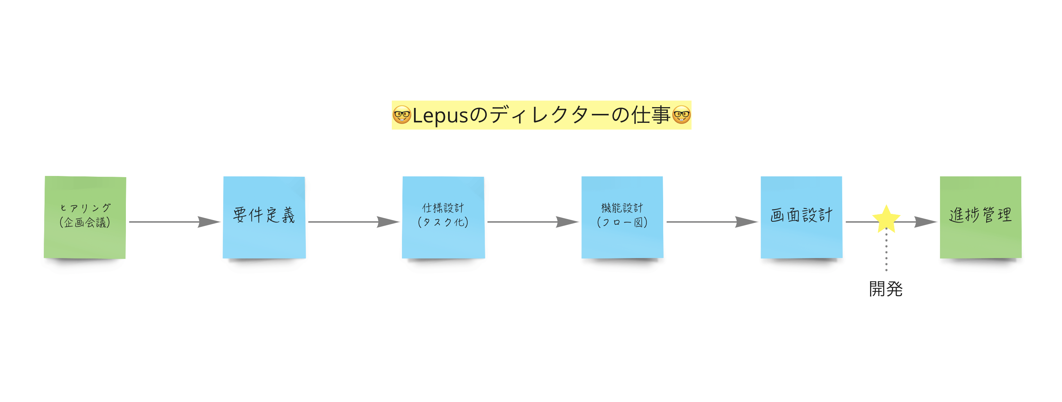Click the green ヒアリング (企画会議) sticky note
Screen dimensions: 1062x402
click(x=85, y=217)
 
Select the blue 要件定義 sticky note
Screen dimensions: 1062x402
click(x=264, y=217)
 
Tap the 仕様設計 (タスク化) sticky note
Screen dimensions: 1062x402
click(x=443, y=217)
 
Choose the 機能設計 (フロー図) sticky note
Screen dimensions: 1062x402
click(x=622, y=217)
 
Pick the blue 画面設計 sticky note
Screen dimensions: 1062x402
click(x=802, y=217)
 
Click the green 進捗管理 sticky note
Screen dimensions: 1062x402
click(x=980, y=217)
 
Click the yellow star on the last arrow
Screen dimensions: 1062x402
click(x=886, y=219)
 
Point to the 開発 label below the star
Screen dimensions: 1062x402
click(x=886, y=289)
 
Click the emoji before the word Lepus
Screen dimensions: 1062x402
click(x=402, y=115)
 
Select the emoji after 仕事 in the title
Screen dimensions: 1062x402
click(x=681, y=115)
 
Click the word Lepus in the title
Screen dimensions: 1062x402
click(x=440, y=116)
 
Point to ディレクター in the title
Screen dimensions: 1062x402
click(x=550, y=115)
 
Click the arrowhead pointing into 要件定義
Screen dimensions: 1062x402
click(x=209, y=222)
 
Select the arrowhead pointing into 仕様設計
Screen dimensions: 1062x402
click(x=388, y=222)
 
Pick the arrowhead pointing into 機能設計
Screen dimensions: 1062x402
click(x=567, y=222)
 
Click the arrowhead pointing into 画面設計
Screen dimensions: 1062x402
click(x=746, y=222)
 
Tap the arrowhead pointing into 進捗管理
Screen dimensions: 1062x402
click(x=926, y=222)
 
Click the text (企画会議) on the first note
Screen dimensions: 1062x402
click(x=85, y=223)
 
